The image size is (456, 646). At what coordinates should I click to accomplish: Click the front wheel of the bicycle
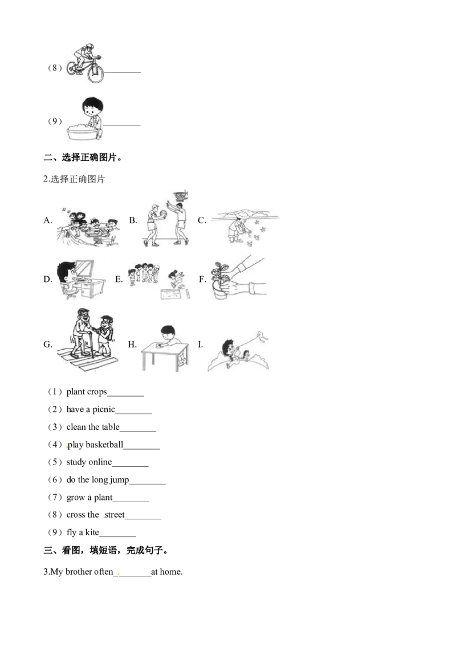tap(96, 74)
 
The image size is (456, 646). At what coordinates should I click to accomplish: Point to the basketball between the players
tap(163, 215)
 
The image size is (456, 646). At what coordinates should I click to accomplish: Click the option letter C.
tap(202, 220)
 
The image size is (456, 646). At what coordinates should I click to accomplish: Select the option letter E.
tap(119, 279)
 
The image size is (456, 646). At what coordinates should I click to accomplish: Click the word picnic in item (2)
tap(104, 409)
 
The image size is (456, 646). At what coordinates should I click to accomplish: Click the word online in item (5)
tap(100, 462)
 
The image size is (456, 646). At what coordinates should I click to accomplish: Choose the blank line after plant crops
tap(125, 395)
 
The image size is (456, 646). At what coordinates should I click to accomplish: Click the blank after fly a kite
tap(117, 536)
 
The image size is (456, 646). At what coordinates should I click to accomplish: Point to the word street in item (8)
tap(115, 515)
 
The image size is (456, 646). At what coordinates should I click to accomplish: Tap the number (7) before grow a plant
tap(55, 497)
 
